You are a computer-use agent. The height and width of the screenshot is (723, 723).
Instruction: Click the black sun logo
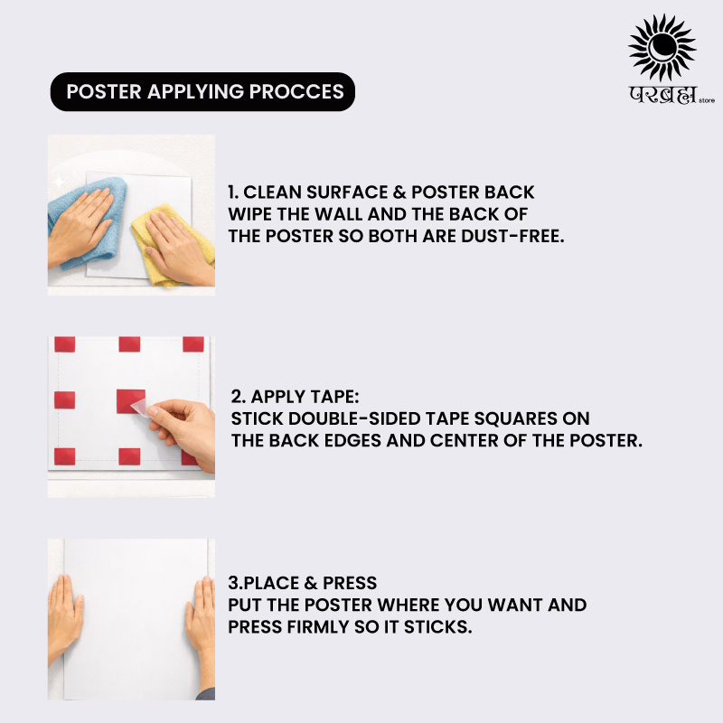pyautogui.click(x=662, y=48)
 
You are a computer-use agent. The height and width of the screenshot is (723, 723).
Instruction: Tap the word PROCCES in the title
pyautogui.click(x=296, y=91)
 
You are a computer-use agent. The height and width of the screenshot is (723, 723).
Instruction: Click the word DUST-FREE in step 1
pyautogui.click(x=512, y=236)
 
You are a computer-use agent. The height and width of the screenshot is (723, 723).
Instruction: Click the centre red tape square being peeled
pyautogui.click(x=130, y=400)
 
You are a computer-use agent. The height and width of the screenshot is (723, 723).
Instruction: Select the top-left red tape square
pyautogui.click(x=64, y=344)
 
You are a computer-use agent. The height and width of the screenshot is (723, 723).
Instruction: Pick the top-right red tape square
pyautogui.click(x=193, y=344)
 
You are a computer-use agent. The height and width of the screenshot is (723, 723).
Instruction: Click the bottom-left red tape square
pyautogui.click(x=64, y=456)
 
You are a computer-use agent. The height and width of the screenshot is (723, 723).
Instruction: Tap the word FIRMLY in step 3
pyautogui.click(x=318, y=627)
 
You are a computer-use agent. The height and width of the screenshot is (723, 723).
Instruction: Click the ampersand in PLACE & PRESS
pyautogui.click(x=311, y=583)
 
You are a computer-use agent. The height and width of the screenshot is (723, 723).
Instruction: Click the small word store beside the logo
pyautogui.click(x=707, y=100)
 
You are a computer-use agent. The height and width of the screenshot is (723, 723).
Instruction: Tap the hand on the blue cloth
pyautogui.click(x=80, y=226)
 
